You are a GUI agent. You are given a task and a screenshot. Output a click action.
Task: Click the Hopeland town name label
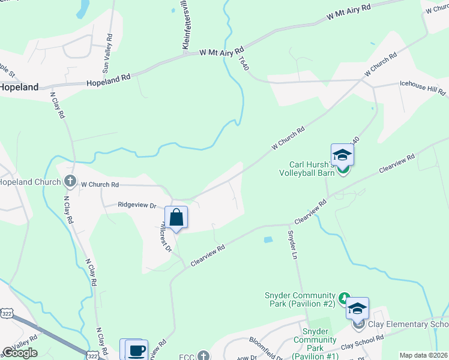pyautogui.click(x=19, y=87)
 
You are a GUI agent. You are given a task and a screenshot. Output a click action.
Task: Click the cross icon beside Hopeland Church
pyautogui.click(x=70, y=180)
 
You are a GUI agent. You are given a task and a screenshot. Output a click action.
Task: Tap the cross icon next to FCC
pyautogui.click(x=203, y=356)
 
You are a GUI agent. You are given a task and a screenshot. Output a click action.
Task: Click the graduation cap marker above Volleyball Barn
pyautogui.click(x=342, y=155)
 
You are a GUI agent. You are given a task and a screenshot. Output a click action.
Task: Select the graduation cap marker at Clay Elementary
pyautogui.click(x=357, y=308)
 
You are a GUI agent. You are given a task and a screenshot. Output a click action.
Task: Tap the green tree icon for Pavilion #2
pyautogui.click(x=344, y=298)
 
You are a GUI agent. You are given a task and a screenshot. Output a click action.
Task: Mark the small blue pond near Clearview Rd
pyautogui.click(x=268, y=240)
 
